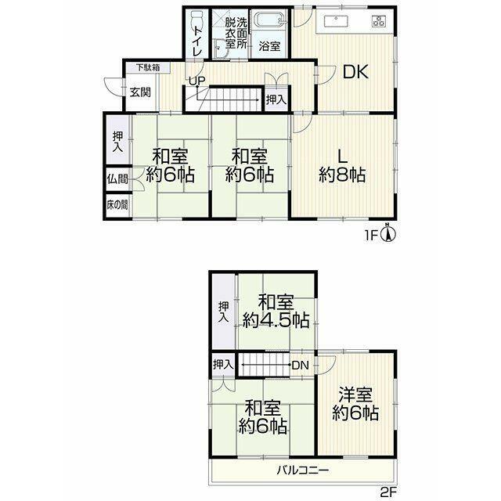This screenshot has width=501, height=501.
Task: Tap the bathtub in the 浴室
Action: pyautogui.click(x=270, y=21)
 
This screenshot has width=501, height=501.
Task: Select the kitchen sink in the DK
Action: pyautogui.click(x=336, y=21)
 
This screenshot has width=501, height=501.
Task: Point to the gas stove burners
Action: pyautogui.click(x=379, y=21)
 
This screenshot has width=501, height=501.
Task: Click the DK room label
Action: pyautogui.click(x=355, y=72)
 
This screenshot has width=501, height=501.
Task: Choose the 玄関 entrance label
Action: pyautogui.click(x=140, y=92)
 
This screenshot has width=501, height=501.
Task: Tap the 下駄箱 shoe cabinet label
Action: pyautogui.click(x=148, y=67)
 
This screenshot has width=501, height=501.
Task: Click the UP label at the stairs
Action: pyautogui.click(x=196, y=81)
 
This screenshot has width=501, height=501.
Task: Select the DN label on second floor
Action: pyautogui.click(x=301, y=366)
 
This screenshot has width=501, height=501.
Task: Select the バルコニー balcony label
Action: pyautogui.click(x=303, y=470)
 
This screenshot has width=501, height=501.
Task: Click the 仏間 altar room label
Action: pyautogui.click(x=117, y=179)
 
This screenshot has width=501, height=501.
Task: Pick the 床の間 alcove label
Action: pyautogui.click(x=117, y=204)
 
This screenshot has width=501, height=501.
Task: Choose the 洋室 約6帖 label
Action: pyautogui.click(x=355, y=404)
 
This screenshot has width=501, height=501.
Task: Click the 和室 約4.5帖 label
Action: pyautogui.click(x=276, y=312)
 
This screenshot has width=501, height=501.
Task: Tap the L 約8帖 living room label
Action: pyautogui.click(x=342, y=166)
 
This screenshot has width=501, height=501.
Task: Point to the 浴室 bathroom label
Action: pyautogui.click(x=269, y=46)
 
